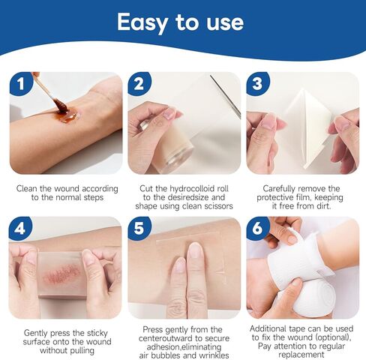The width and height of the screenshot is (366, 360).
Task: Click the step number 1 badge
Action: tap(21, 83)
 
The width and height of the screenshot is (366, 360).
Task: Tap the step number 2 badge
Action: tap(139, 83)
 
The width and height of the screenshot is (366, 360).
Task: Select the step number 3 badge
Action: tap(258, 83)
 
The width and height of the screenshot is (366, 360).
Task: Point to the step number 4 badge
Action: tap(20, 228)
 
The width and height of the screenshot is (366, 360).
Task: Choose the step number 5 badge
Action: tap(139, 228)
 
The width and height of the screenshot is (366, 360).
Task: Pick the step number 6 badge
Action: tap(258, 228)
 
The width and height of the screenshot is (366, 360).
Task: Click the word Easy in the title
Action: tap(142, 22)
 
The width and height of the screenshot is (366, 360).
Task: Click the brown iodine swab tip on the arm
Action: tap(61, 105)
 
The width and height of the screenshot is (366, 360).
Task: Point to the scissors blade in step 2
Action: tap(226, 97)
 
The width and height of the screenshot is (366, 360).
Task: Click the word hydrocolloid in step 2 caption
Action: tap(193, 188)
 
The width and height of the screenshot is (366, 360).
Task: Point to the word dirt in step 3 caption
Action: tap(322, 206)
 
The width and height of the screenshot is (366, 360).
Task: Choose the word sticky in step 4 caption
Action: tap(97, 333)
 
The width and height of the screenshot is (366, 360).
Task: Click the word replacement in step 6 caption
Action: tap(301, 355)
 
